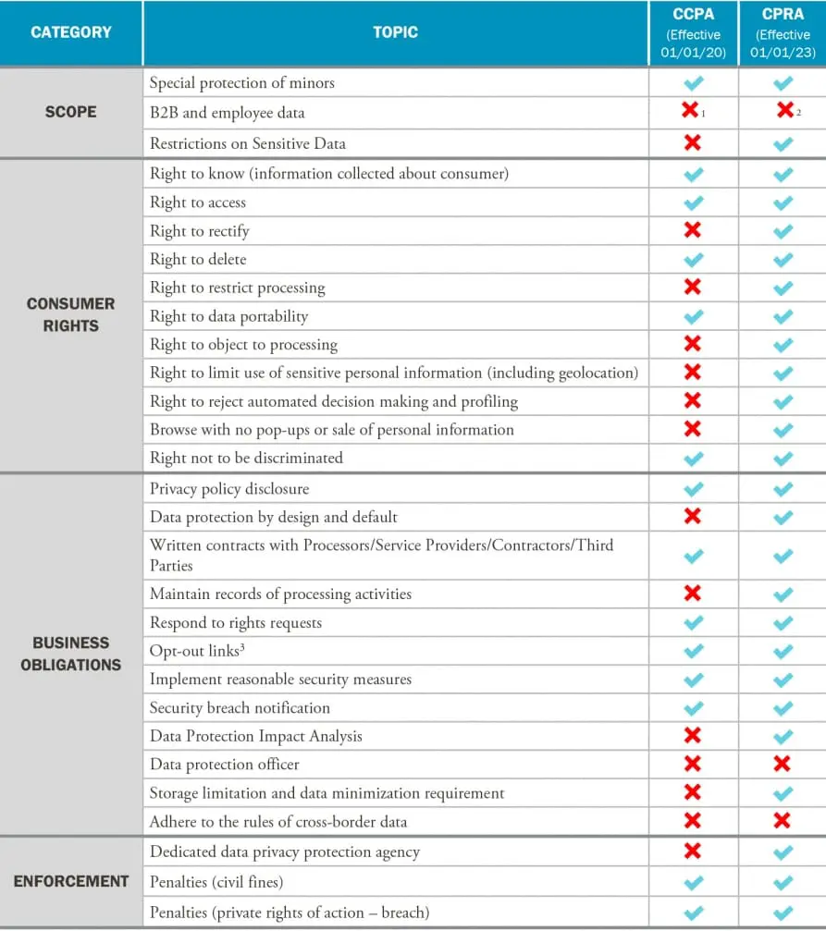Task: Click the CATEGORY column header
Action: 71,32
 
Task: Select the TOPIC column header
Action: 395,32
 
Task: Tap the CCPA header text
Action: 693,15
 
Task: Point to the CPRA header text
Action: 783,15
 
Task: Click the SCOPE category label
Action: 71,112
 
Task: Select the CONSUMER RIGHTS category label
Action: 71,314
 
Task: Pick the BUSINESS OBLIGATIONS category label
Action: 71,653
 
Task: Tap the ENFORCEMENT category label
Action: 71,881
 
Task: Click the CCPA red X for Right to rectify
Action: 692,230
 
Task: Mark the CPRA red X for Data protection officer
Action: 782,764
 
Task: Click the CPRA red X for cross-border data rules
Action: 782,820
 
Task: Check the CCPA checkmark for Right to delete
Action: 693,260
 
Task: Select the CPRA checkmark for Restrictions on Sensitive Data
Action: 783,144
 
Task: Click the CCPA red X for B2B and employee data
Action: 690,111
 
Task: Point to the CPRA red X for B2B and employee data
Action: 784,111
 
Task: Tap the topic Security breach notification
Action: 240,708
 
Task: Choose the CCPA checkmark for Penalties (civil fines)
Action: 693,883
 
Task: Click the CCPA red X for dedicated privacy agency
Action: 692,851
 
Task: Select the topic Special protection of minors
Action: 242,83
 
